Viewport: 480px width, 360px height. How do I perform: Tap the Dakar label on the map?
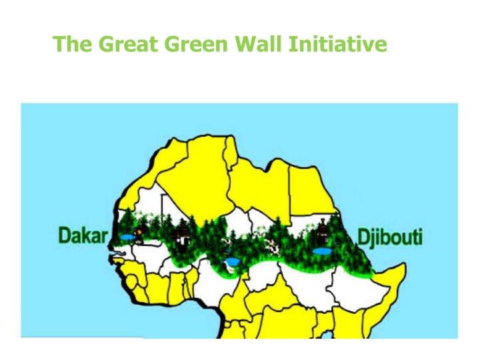click(83, 237)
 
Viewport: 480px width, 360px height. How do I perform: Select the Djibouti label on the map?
click(390, 237)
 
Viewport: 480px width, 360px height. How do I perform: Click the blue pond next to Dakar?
click(126, 237)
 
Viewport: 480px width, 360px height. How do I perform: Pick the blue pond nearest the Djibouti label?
click(322, 251)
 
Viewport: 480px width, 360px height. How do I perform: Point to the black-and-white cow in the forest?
click(273, 248)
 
